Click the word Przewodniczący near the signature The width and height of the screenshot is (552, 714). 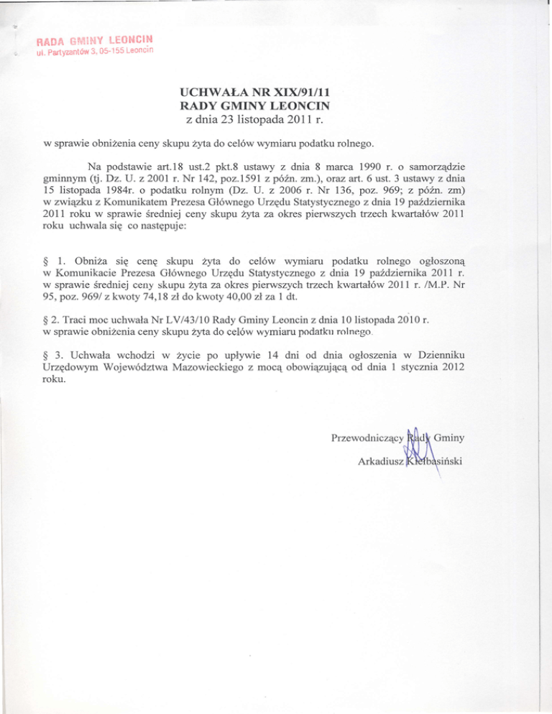[366, 437]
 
